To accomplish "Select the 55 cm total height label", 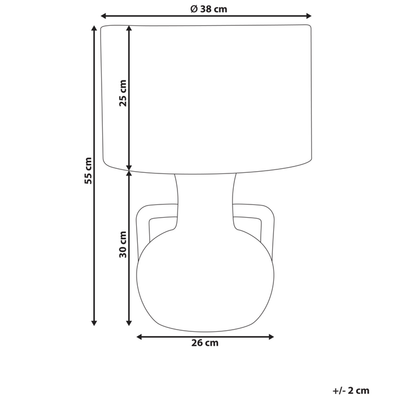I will click(x=88, y=171).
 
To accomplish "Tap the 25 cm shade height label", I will click(x=122, y=94).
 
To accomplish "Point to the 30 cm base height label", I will click(x=122, y=245).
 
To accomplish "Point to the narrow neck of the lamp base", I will click(x=206, y=201).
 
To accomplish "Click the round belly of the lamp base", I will click(x=206, y=281).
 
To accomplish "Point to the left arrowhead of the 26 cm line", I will click(x=138, y=337).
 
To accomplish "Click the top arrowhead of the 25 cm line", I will click(x=129, y=28).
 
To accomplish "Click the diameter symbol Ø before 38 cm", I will click(x=193, y=8).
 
